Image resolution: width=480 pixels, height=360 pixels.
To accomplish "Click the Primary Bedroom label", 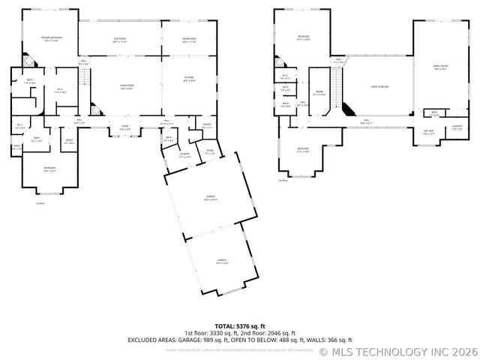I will pyautogui.click(x=52, y=39).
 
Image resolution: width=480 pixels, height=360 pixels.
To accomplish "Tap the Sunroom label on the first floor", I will pyautogui.click(x=119, y=39).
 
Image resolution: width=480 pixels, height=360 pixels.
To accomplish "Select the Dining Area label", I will pyautogui.click(x=188, y=39).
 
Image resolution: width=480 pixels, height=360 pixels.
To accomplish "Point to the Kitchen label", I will pyautogui.click(x=188, y=78).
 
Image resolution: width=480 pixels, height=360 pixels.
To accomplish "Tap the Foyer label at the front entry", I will pyautogui.click(x=125, y=127).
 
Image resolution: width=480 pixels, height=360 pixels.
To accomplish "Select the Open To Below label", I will pyautogui.click(x=379, y=86).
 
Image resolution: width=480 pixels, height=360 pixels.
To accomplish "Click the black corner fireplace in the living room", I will pyautogui.click(x=94, y=107).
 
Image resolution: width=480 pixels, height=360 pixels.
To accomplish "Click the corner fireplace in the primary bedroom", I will pyautogui.click(x=28, y=58).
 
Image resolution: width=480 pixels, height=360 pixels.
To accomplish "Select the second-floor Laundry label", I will pyautogui.click(x=457, y=128).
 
